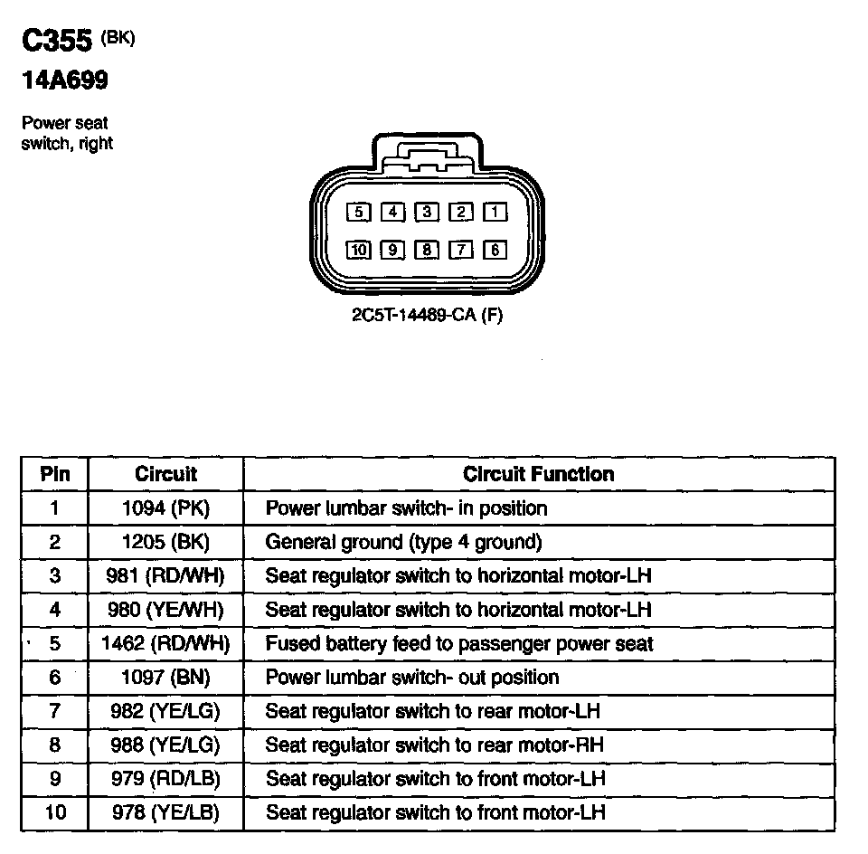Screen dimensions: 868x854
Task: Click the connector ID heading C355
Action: [58, 43]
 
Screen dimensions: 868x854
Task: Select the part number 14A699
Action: [65, 81]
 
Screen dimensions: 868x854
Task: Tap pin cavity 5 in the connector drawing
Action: [359, 213]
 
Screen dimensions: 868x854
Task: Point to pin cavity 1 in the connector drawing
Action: [495, 213]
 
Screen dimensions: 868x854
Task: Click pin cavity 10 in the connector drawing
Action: [359, 250]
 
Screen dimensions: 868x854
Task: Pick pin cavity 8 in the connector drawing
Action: [427, 250]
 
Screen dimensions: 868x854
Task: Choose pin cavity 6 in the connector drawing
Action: [495, 250]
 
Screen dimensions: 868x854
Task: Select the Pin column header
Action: [54, 474]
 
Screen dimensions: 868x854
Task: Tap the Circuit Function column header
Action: [538, 474]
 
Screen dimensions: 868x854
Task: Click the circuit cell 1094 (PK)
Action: [165, 508]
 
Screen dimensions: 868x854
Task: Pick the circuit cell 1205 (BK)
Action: [165, 542]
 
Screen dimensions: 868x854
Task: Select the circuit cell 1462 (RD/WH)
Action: [165, 644]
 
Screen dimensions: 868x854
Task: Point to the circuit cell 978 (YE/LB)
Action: [165, 812]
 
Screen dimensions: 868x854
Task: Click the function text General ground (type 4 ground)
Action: [403, 542]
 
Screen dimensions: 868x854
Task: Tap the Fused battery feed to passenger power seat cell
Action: [459, 644]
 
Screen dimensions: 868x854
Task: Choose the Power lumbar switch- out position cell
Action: [412, 678]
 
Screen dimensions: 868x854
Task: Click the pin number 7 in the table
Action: [54, 711]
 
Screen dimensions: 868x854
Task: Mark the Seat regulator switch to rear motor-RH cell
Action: [434, 745]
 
